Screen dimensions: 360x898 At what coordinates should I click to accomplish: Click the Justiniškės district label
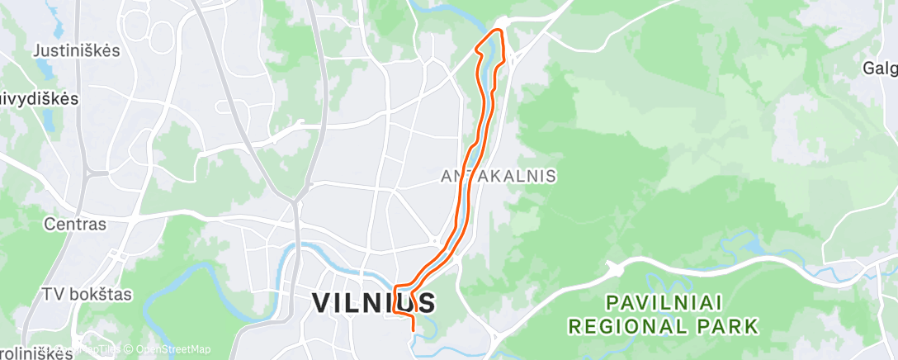pyautogui.click(x=77, y=50)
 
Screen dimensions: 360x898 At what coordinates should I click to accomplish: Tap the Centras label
pyautogui.click(x=75, y=224)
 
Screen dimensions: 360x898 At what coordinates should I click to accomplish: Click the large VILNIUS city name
pyautogui.click(x=373, y=303)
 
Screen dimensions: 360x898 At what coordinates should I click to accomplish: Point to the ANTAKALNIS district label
pyautogui.click(x=499, y=176)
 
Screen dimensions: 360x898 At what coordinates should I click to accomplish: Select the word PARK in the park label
pyautogui.click(x=727, y=327)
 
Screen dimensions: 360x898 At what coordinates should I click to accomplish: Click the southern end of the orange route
pyautogui.click(x=412, y=329)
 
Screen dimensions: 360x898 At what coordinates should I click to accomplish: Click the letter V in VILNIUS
pyautogui.click(x=323, y=303)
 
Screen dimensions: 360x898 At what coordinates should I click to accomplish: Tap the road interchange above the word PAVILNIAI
pyautogui.click(x=613, y=268)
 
